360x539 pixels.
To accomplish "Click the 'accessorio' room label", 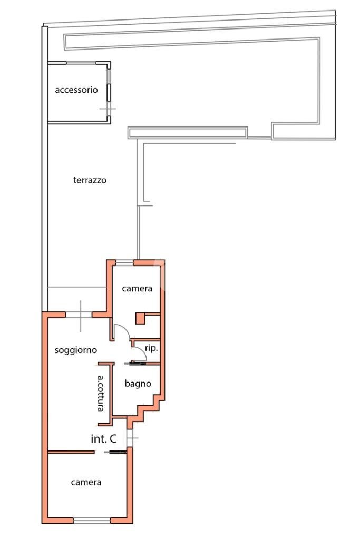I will (76, 90).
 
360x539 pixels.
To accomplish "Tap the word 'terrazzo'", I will (90, 180).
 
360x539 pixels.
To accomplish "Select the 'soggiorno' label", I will (75, 350).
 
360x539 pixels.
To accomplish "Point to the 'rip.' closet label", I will (151, 348).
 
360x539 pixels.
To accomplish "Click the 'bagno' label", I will (138, 384).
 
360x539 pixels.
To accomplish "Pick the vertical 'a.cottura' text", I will (103, 394).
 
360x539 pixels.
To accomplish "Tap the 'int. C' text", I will (103, 438).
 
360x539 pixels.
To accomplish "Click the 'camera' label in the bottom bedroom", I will (86, 482).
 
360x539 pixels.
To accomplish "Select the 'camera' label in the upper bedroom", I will (137, 288).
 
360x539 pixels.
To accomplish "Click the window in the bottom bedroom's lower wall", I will (92, 521).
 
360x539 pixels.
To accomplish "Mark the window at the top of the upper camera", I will (124, 262).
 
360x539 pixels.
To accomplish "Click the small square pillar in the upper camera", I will (140, 318).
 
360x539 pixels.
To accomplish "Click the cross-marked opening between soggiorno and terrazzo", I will (81, 315).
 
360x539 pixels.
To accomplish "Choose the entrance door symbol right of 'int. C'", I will (131, 438).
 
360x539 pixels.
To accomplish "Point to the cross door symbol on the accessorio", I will (108, 110).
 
